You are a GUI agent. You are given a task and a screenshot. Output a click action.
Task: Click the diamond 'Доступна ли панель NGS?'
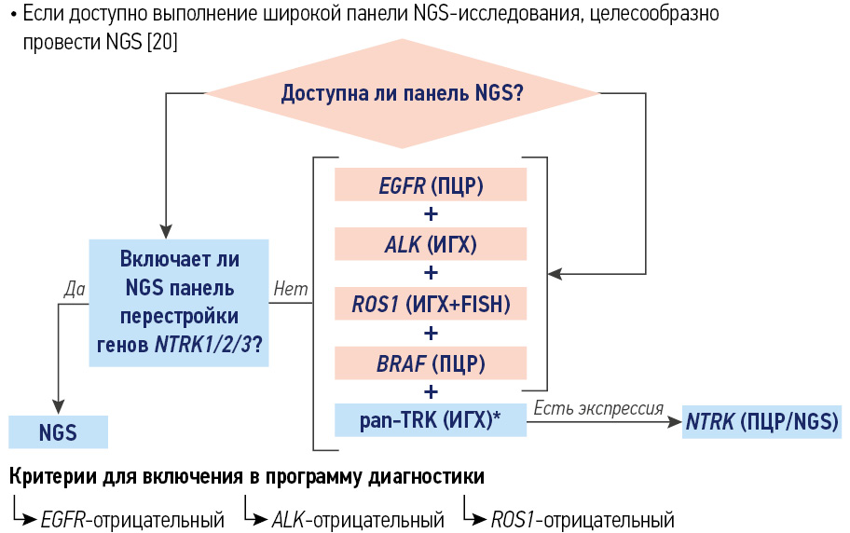[x=402, y=93]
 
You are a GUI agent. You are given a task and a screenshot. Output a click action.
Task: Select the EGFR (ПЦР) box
[x=431, y=185]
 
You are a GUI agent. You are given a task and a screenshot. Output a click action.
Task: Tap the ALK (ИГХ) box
[x=431, y=244]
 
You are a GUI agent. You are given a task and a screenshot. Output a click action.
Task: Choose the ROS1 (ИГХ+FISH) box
[x=431, y=303]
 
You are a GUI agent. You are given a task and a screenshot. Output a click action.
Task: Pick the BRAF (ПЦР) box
[x=431, y=362]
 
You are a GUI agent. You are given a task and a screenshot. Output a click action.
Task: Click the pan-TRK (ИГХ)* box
[x=431, y=420]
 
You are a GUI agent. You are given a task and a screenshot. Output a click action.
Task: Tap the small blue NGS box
[x=58, y=432]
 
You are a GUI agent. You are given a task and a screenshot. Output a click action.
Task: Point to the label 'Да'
[x=75, y=289]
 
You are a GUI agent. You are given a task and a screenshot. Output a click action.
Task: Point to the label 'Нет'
[x=291, y=289]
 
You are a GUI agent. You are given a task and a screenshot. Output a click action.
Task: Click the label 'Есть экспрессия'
[x=597, y=408]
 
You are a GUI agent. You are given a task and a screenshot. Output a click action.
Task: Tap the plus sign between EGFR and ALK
[x=431, y=214]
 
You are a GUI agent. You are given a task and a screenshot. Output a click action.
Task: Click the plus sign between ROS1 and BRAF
[x=431, y=333]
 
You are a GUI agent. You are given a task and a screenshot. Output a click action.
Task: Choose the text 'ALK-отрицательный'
[x=357, y=519]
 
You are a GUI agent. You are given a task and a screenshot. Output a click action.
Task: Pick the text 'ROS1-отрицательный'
[x=582, y=519]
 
